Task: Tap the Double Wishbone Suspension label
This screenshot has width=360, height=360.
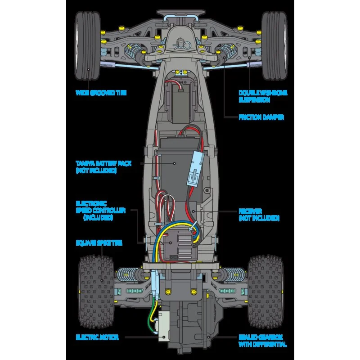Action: (263, 96)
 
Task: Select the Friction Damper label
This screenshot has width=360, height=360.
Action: (261, 117)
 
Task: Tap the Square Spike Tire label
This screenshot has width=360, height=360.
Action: (99, 243)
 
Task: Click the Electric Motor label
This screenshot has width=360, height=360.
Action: (97, 337)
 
